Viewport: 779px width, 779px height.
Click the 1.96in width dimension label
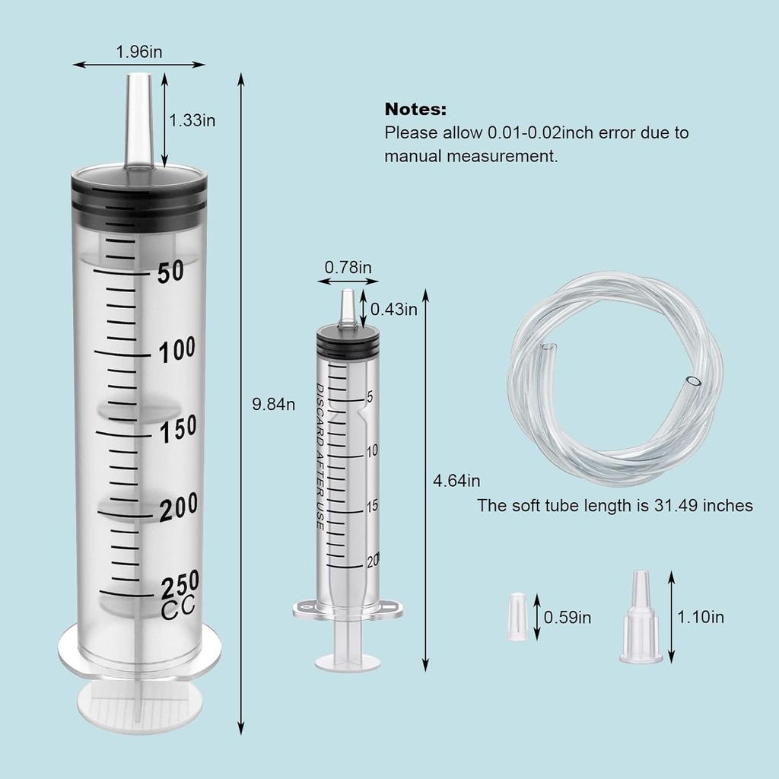[138, 52]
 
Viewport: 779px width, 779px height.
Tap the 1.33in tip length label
[192, 120]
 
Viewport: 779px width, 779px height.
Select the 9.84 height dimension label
[273, 404]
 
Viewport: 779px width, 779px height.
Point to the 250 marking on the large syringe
[179, 583]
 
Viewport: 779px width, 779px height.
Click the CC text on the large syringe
[178, 608]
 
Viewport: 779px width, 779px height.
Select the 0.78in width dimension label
[348, 267]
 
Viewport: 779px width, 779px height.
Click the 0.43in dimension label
[394, 309]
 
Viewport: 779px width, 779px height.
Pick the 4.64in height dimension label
[456, 481]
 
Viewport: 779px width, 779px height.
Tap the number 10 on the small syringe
[372, 451]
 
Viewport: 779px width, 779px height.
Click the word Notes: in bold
[415, 109]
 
